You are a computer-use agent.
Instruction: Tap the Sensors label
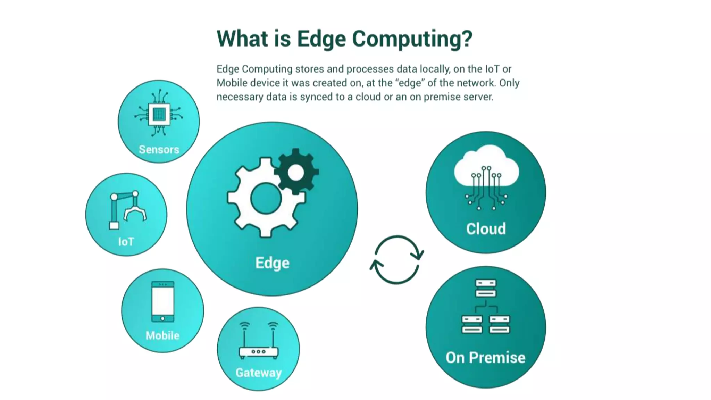point(159,150)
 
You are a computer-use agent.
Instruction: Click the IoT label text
point(126,242)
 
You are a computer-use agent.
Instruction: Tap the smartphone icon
point(163,301)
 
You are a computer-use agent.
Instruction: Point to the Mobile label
point(162,335)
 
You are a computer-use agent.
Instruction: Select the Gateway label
point(258,373)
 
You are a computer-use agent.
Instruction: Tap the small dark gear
point(296,172)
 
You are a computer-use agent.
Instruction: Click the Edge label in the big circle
point(272,263)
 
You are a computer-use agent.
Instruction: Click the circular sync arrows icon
point(397,260)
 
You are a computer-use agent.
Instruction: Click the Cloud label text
point(486,229)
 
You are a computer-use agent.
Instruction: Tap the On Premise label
point(485,358)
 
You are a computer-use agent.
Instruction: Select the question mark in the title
point(467,39)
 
